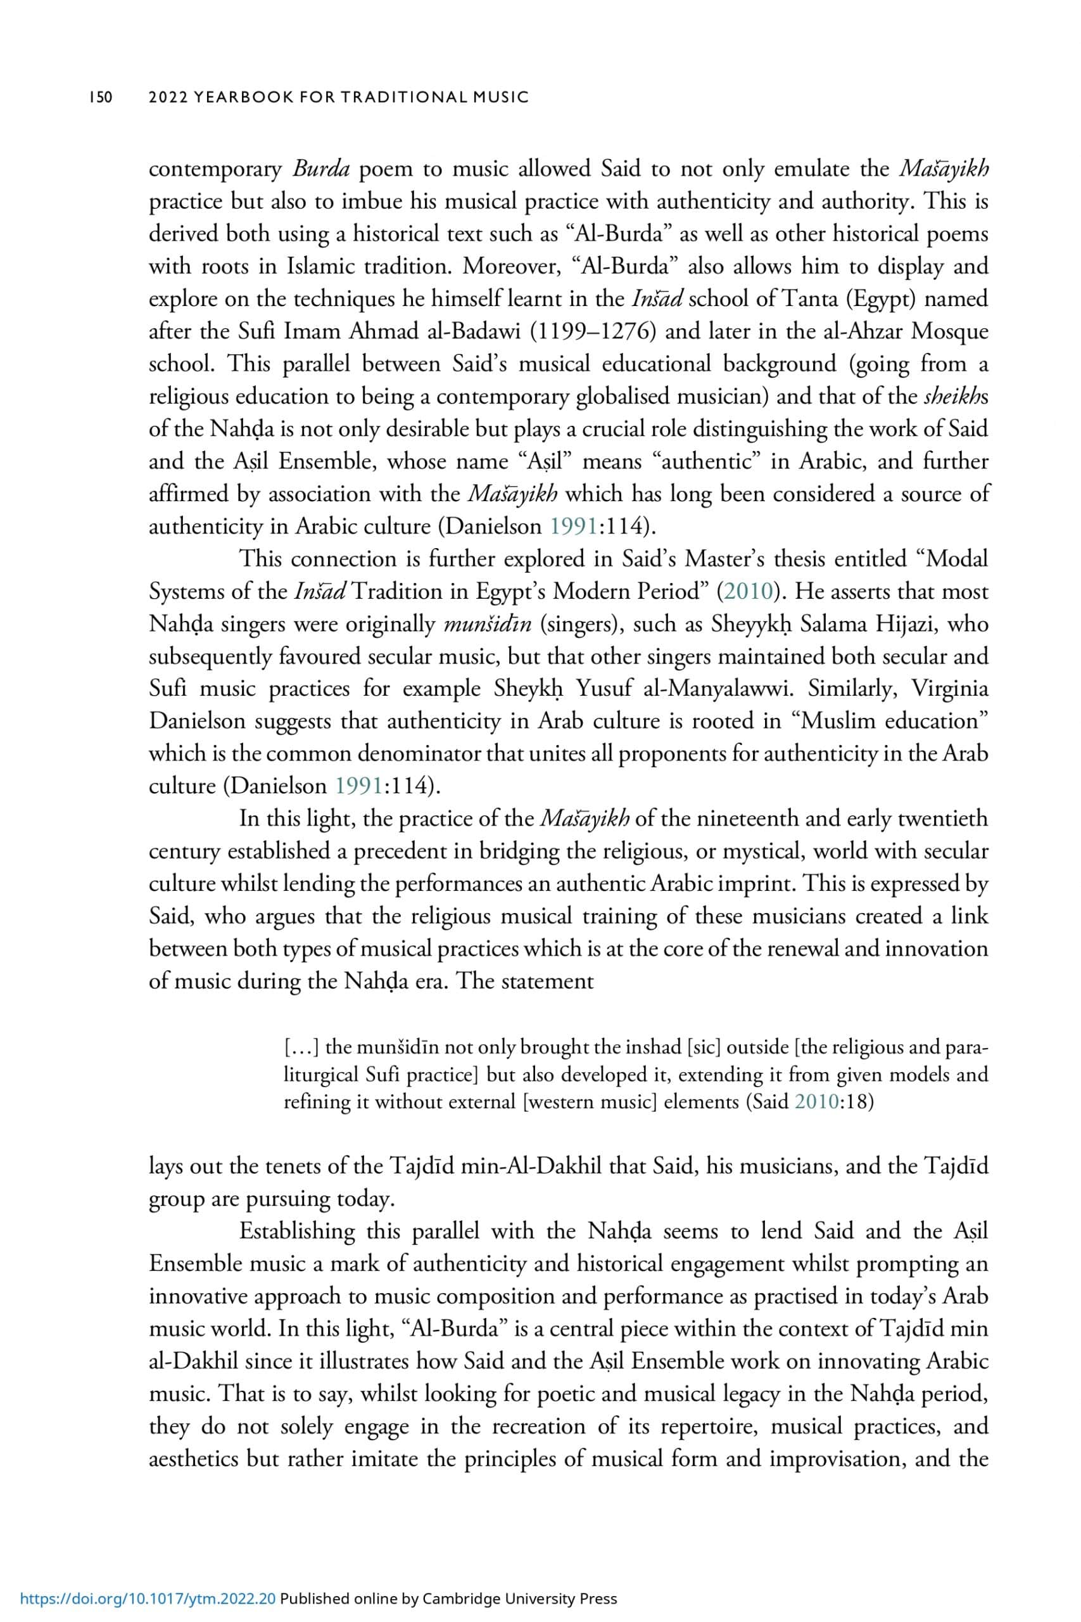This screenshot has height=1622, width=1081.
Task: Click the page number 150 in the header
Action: (x=100, y=97)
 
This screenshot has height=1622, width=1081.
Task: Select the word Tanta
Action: (x=807, y=299)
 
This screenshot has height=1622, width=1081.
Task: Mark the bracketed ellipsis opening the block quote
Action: (x=301, y=1047)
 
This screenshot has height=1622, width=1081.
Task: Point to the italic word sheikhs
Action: (x=956, y=397)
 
